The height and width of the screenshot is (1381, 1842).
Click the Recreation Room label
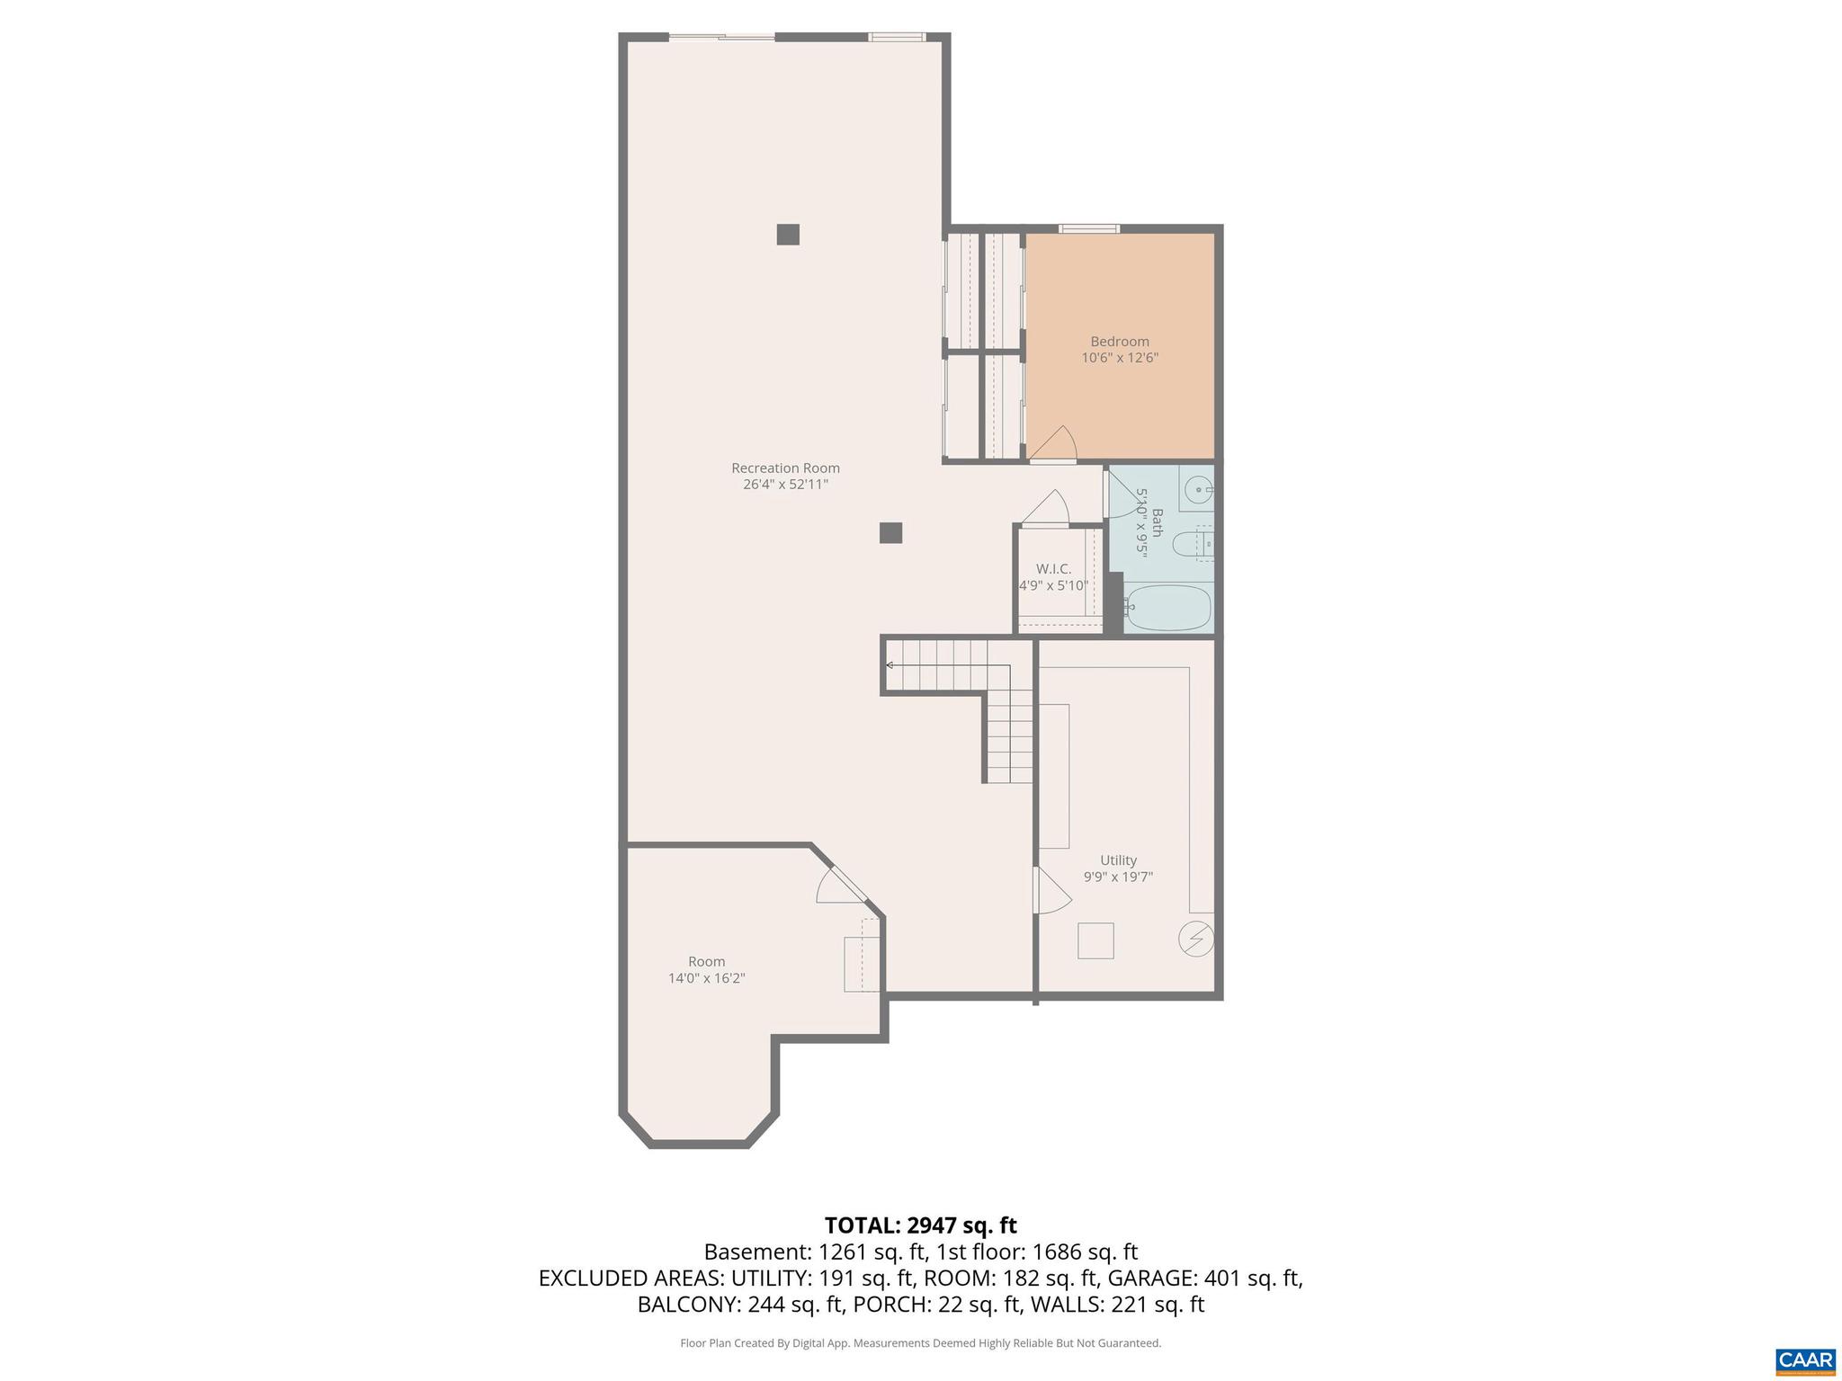(x=785, y=468)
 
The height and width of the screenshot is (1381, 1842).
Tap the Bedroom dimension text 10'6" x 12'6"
(x=1120, y=358)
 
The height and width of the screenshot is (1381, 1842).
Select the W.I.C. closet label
(x=1053, y=569)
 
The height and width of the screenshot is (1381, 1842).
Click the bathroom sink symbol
(x=1199, y=490)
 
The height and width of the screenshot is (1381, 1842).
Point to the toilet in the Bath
(x=1193, y=543)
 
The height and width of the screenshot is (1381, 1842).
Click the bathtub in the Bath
(x=1168, y=609)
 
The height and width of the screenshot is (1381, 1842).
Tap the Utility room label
(x=1118, y=860)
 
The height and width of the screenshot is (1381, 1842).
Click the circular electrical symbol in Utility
(x=1196, y=940)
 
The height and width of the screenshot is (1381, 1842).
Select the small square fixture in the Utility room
(x=1095, y=940)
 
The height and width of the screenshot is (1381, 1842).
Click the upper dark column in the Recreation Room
(x=788, y=234)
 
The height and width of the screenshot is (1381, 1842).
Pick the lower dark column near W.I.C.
(x=890, y=532)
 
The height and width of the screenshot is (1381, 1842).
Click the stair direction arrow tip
(x=889, y=665)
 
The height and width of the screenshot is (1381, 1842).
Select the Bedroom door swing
(x=1055, y=445)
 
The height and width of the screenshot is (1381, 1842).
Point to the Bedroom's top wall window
(x=1088, y=228)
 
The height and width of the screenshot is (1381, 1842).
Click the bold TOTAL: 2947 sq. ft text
(x=920, y=1225)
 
